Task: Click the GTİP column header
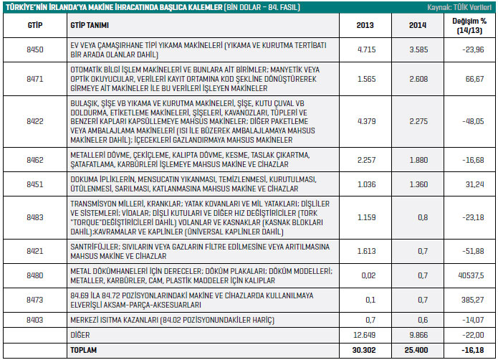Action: [35, 25]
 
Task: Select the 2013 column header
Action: [365, 25]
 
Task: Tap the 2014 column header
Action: [418, 25]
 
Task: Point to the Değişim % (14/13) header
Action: [469, 26]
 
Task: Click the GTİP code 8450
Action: [35, 50]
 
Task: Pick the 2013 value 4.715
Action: [366, 50]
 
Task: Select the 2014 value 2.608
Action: [418, 79]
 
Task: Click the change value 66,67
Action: [475, 79]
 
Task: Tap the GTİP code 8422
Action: [35, 121]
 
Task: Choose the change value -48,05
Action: [473, 121]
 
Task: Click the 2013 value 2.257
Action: [366, 160]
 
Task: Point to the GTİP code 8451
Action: [35, 184]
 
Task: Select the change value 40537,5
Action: [471, 275]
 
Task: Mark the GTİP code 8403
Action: [35, 320]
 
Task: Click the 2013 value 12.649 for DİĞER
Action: [364, 335]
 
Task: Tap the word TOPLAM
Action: [84, 350]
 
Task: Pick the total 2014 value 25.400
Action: [416, 350]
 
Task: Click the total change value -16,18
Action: [473, 350]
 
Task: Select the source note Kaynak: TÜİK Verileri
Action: [459, 7]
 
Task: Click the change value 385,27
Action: [473, 300]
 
